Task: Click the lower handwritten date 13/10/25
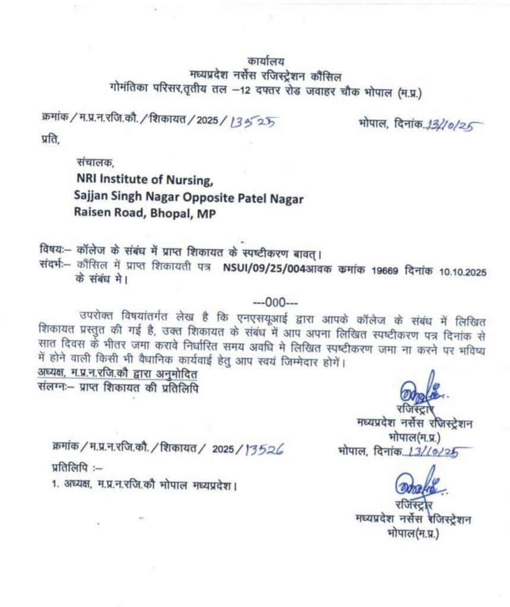pyautogui.click(x=436, y=453)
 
